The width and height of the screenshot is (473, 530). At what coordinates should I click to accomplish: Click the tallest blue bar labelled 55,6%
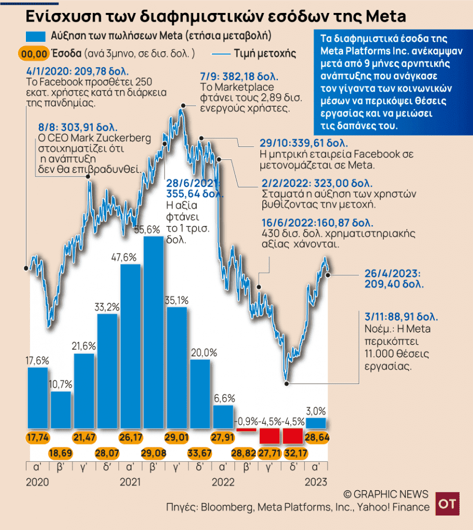pos(154,332)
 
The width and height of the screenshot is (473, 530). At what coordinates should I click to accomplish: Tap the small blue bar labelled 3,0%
pos(316,423)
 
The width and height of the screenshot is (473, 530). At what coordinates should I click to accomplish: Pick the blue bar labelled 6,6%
pos(223,417)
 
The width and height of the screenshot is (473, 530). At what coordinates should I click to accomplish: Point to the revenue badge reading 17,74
pos(37,437)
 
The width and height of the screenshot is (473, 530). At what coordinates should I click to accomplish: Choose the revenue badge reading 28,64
pos(317,437)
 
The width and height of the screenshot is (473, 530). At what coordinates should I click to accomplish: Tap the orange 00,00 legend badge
pos(34,53)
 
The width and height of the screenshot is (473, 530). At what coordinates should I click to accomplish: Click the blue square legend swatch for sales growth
pos(35,37)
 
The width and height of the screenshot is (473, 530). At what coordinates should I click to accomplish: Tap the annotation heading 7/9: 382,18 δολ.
pos(239,77)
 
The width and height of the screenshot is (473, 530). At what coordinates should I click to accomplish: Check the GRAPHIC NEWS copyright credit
pos(386,493)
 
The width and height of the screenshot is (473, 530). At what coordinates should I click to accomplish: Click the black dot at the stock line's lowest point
pos(286,384)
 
